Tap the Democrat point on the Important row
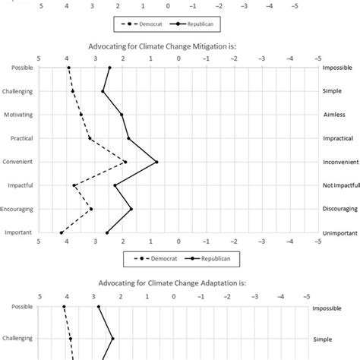62,232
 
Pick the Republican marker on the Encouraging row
131,209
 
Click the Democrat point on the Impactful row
74,185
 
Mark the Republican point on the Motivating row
122,115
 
